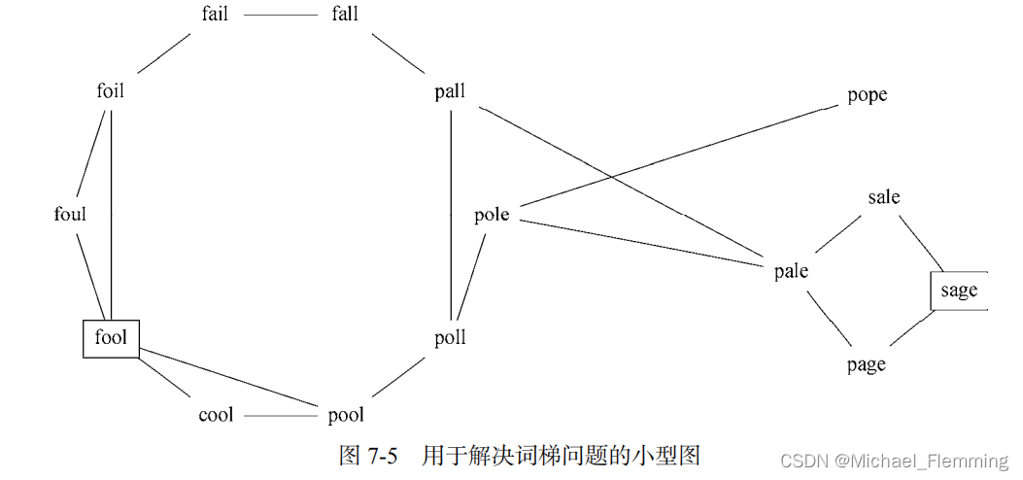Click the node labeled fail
click(x=215, y=15)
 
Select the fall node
click(x=344, y=15)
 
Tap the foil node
click(x=111, y=91)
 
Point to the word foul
click(x=70, y=214)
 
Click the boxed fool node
click(x=111, y=338)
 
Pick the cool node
click(x=216, y=415)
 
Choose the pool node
click(x=346, y=415)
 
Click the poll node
click(x=450, y=337)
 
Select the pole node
click(x=492, y=215)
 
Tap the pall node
click(x=450, y=91)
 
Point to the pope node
click(x=867, y=95)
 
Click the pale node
click(x=791, y=271)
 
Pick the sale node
click(x=884, y=197)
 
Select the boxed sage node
click(x=959, y=291)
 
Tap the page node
click(x=866, y=365)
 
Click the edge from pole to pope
click(x=680, y=155)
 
